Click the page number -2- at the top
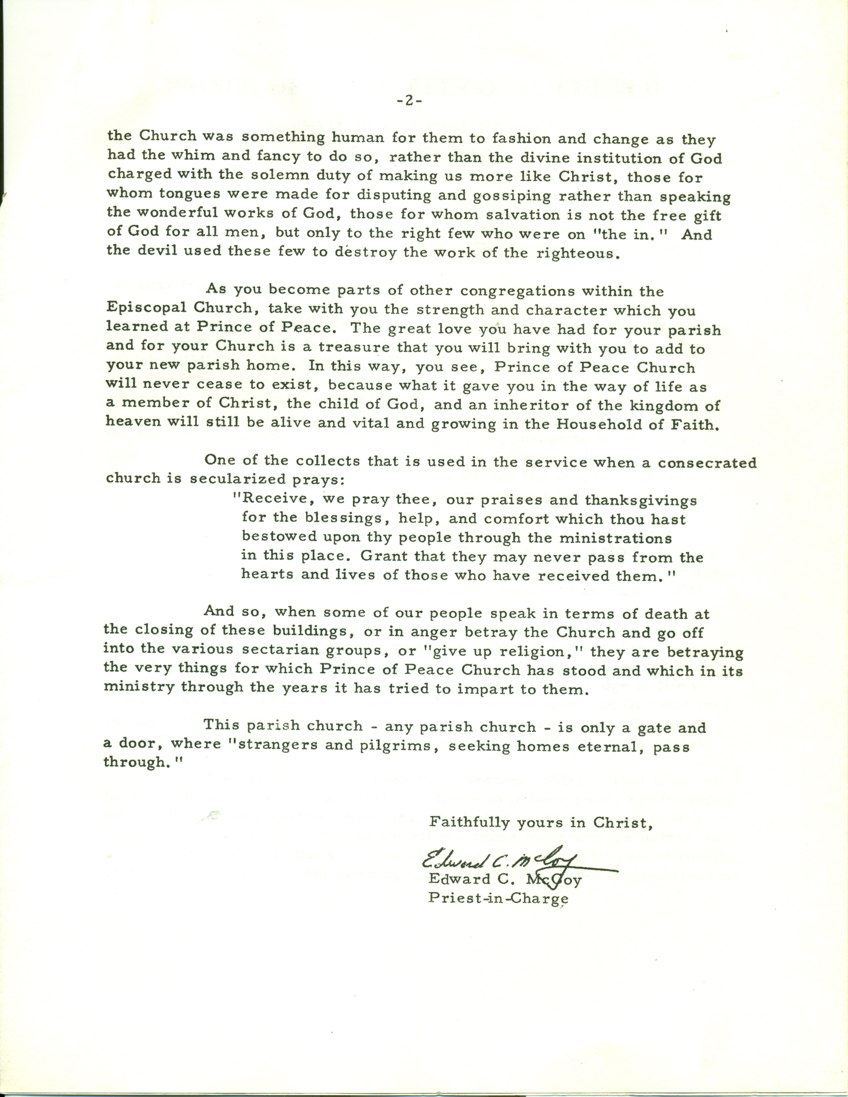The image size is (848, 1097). click(x=409, y=101)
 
